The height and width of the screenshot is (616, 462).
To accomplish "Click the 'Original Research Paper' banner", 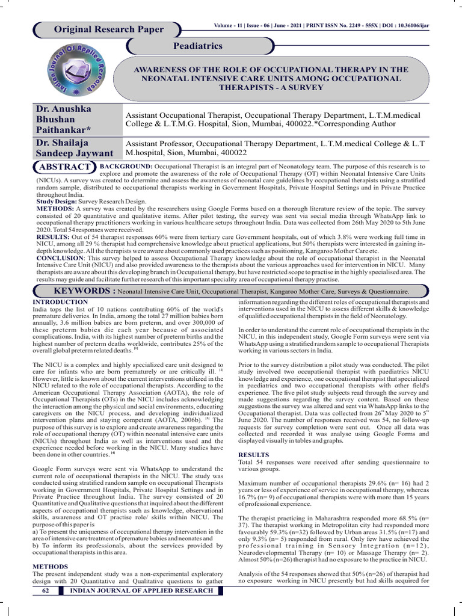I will tap(108, 29).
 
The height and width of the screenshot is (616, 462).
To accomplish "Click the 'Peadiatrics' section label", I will tap(198, 46).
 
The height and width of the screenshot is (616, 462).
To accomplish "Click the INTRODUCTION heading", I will tap(60, 301).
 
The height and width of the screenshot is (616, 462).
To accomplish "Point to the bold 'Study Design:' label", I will tap(54, 202).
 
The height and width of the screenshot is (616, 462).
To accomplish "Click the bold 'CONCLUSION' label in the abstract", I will tap(57, 259).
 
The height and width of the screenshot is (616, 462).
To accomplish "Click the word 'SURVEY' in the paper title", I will tap(309, 87).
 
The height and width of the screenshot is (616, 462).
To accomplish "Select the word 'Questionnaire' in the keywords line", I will tap(383, 292).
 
